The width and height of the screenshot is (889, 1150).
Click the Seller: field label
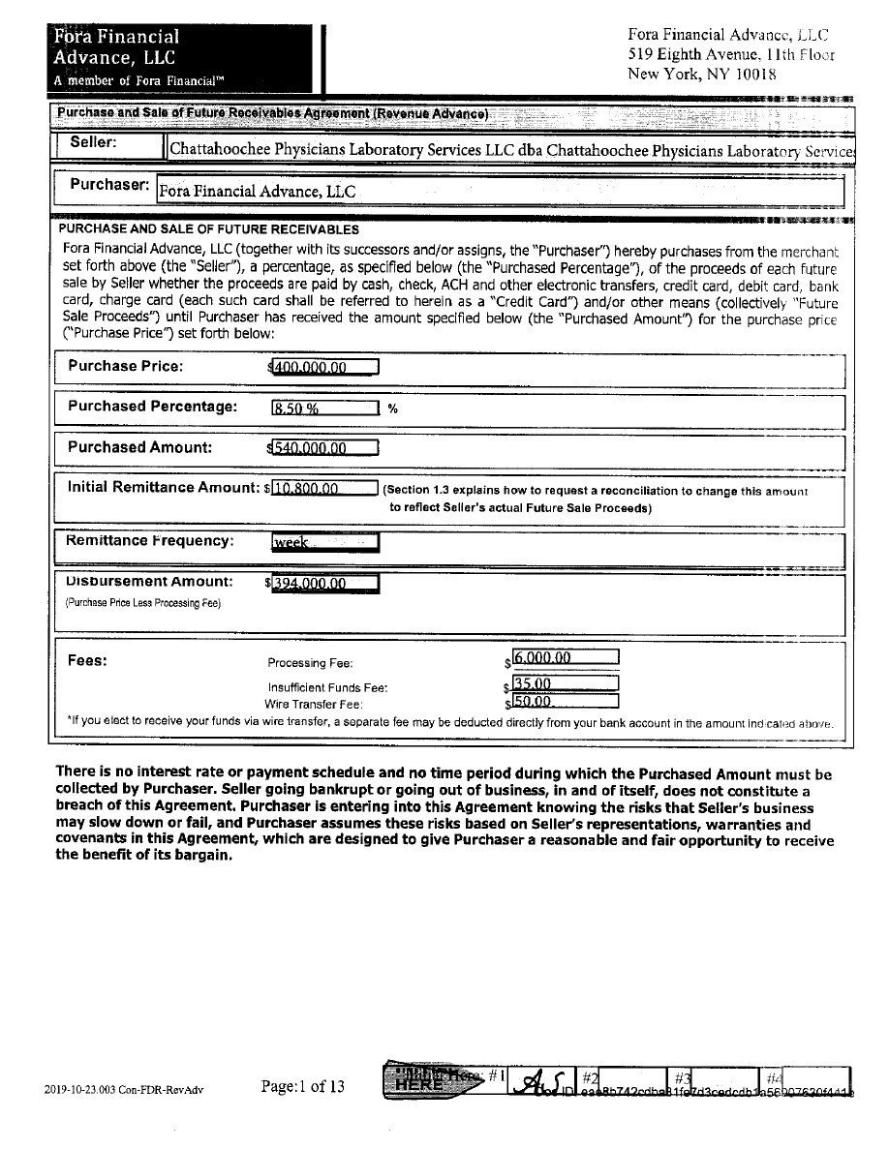point(94,143)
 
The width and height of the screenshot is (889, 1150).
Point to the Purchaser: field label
point(109,184)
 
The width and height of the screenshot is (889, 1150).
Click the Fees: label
point(87,661)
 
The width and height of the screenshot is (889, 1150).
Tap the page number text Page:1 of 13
point(303,1086)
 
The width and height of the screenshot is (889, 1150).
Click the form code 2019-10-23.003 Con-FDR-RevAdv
point(124,1089)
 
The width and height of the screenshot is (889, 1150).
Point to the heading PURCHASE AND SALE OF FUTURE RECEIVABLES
point(209,229)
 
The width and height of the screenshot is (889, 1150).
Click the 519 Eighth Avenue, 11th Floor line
point(731,54)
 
